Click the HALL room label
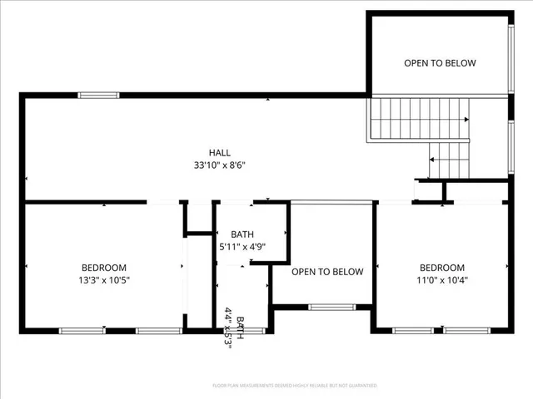pyautogui.click(x=219, y=152)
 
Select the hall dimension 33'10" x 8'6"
pyautogui.click(x=219, y=165)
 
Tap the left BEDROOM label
pyautogui.click(x=104, y=268)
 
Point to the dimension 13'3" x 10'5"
pyautogui.click(x=104, y=280)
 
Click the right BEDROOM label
pyautogui.click(x=441, y=268)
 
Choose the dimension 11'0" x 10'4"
pyautogui.click(x=441, y=280)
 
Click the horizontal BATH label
pyautogui.click(x=242, y=234)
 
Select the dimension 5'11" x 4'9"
pyautogui.click(x=242, y=247)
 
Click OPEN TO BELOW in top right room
pyautogui.click(x=440, y=63)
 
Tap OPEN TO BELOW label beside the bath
pyautogui.click(x=327, y=272)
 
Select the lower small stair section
pyautogui.click(x=449, y=160)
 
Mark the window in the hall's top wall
pyautogui.click(x=98, y=96)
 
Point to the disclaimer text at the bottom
pyautogui.click(x=295, y=386)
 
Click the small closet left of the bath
pyautogui.click(x=198, y=219)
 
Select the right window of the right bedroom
pyautogui.click(x=466, y=331)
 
